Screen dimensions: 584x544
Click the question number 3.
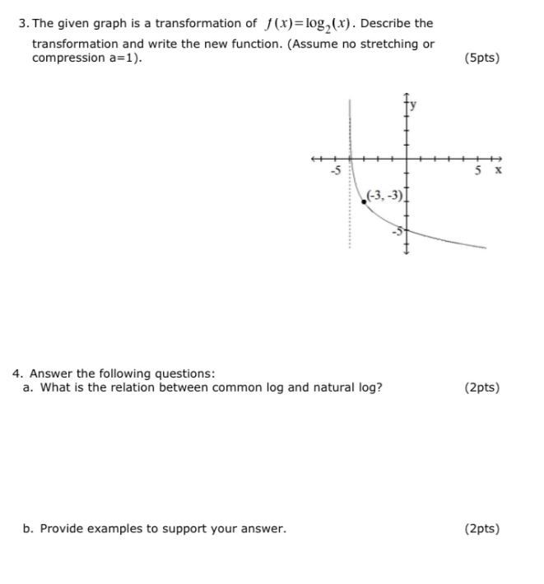click(21, 23)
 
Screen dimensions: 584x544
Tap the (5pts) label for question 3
click(481, 58)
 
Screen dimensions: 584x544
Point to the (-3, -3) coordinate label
click(385, 194)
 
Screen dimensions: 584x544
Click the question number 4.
click(16, 373)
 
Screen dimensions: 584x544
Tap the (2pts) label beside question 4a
click(481, 387)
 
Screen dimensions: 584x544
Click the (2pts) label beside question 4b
click(481, 528)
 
